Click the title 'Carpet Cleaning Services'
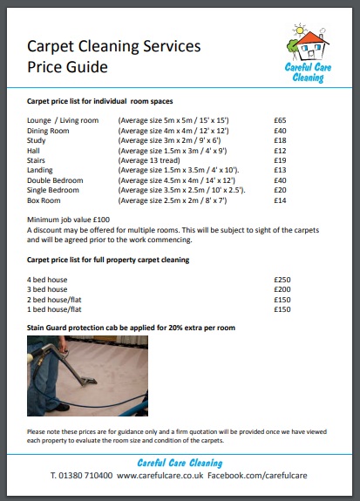tap(114, 46)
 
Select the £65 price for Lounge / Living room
tap(280, 119)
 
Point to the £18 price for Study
tap(280, 140)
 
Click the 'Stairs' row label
tap(39, 160)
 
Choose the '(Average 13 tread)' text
tap(155, 160)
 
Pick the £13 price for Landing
tap(280, 170)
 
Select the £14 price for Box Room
tap(280, 200)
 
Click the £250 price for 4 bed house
tap(282, 279)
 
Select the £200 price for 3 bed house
tap(282, 288)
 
